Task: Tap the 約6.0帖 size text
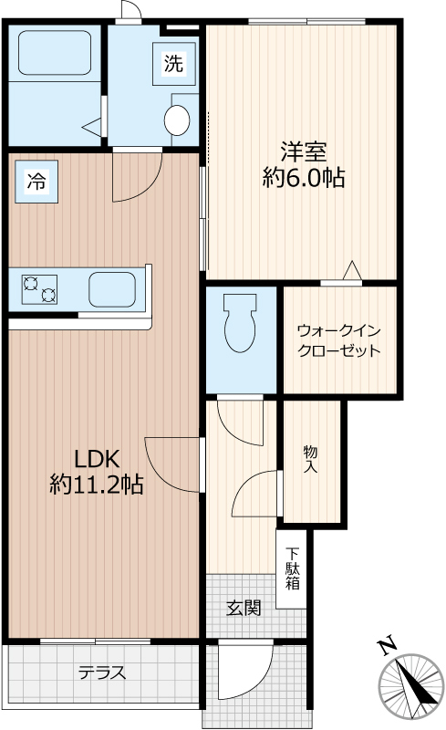click(303, 179)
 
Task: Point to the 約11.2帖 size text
click(97, 485)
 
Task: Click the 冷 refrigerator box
click(36, 181)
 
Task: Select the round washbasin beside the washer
click(175, 119)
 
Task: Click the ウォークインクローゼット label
click(339, 340)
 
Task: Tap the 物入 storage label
click(310, 459)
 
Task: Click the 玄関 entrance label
click(244, 608)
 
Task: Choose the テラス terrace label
click(101, 673)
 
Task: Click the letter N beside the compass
click(387, 647)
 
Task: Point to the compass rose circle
click(415, 684)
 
